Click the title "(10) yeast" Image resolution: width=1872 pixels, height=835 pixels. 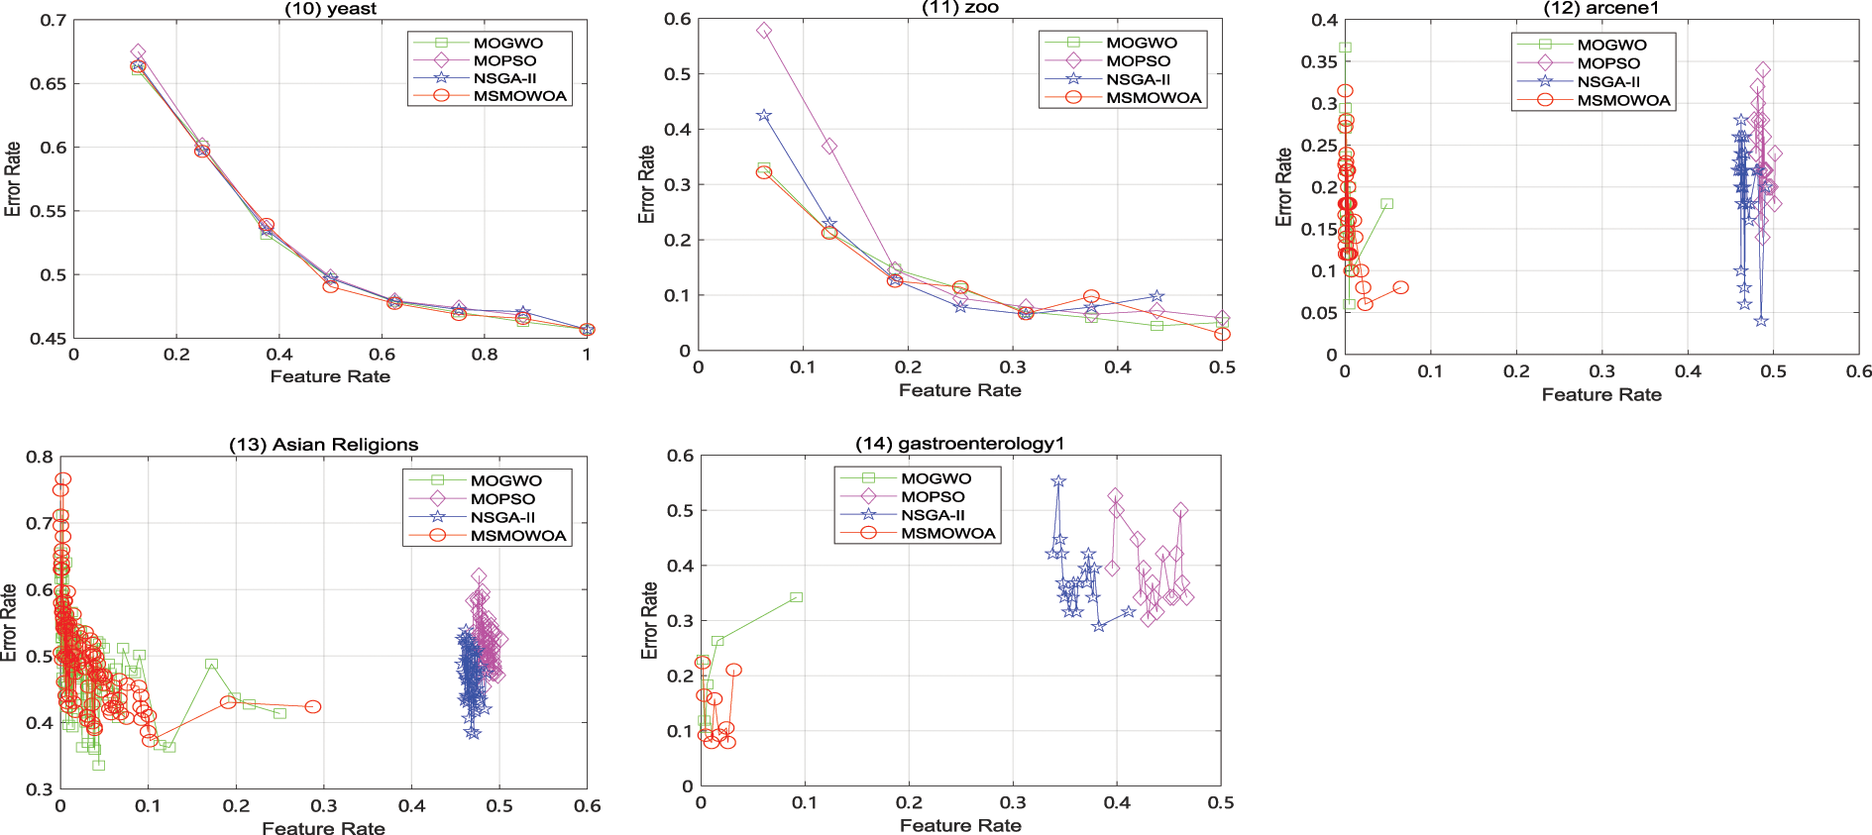(330, 9)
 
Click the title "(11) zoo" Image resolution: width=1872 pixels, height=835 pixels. (959, 8)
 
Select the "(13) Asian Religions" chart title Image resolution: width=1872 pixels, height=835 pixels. (323, 445)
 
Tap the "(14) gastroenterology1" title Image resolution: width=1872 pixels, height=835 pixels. (959, 444)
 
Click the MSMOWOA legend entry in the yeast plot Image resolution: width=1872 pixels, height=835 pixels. (519, 96)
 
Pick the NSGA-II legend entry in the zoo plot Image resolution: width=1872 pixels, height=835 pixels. (1138, 79)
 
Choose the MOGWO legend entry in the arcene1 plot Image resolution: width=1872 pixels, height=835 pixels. (1611, 45)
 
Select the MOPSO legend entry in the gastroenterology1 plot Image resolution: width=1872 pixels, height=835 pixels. (932, 497)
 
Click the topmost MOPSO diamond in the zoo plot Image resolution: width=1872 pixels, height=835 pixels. (764, 31)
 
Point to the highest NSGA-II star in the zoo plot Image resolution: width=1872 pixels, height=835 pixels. (764, 116)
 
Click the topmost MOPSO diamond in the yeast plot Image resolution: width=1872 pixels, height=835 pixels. (139, 52)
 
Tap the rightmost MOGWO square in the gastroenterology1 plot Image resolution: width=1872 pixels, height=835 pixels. (796, 597)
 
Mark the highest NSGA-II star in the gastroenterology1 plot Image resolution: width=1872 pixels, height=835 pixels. (1058, 481)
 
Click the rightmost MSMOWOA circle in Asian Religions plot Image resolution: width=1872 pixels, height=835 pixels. (313, 707)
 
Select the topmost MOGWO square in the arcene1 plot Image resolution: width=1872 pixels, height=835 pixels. (1345, 48)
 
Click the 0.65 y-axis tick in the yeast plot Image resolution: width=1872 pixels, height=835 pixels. (49, 84)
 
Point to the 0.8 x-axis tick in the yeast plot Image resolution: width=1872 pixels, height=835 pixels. (485, 355)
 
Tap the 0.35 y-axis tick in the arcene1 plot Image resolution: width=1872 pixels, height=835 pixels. (1319, 62)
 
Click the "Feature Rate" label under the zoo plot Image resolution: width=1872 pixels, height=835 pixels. (959, 390)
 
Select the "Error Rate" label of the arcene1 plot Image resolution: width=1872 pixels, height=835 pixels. (1284, 187)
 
